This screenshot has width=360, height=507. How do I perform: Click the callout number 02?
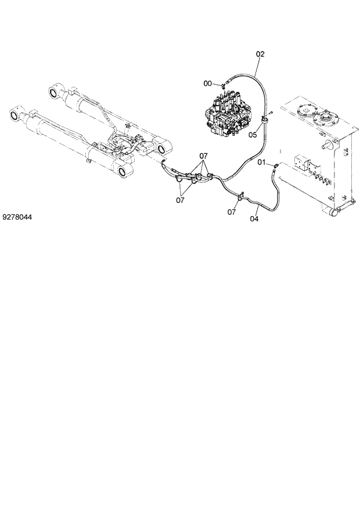coord(260,54)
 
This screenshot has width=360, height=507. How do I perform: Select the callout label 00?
coord(207,84)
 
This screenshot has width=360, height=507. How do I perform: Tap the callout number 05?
coord(253,135)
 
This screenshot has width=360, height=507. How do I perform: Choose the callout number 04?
coord(254,219)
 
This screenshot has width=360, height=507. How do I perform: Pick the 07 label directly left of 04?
coord(232,212)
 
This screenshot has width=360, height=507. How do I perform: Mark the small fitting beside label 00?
coord(222,87)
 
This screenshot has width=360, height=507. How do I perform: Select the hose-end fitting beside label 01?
coord(274,166)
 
